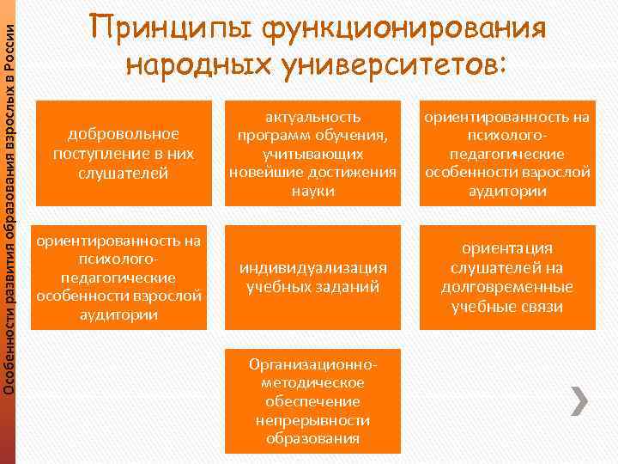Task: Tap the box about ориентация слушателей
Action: click(506, 278)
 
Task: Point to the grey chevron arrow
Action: click(579, 400)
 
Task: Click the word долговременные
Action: click(506, 287)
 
